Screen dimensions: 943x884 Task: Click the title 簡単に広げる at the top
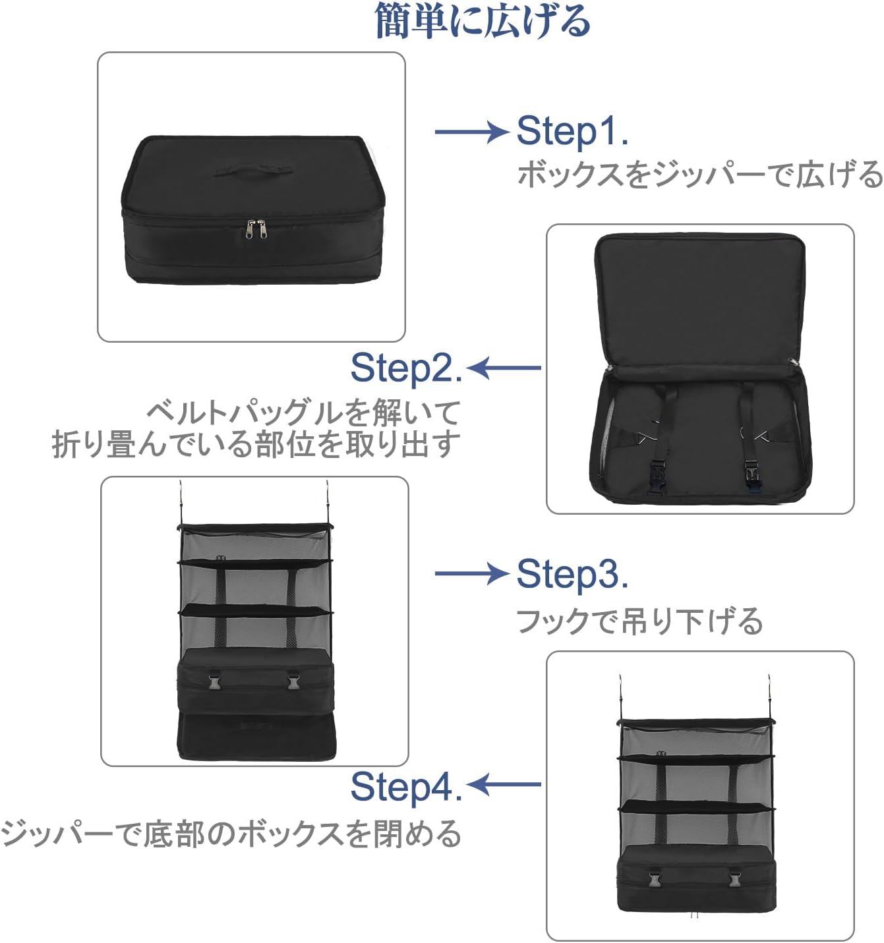pos(482,20)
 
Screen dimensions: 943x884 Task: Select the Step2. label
pos(406,368)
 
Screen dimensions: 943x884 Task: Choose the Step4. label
pos(406,786)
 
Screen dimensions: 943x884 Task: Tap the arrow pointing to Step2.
pos(505,368)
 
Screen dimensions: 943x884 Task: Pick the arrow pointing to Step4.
pos(505,784)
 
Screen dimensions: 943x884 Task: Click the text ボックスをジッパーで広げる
pos(699,175)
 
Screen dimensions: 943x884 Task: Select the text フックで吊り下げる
pos(639,621)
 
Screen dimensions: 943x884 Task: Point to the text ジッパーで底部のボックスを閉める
pos(231,833)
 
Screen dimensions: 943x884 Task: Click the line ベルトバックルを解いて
pos(303,413)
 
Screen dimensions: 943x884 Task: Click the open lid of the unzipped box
pos(699,297)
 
